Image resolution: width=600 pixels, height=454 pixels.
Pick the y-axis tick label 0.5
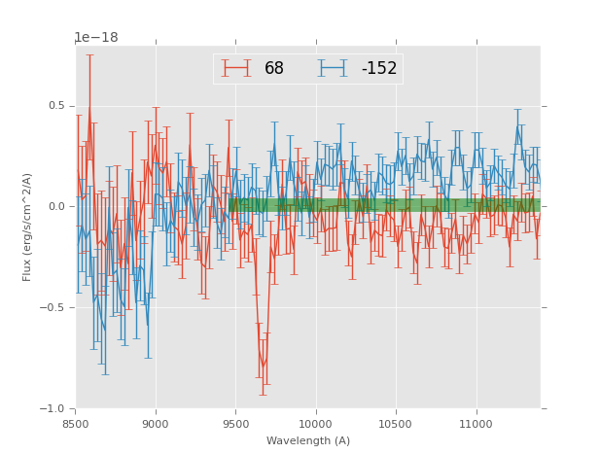pos(56,106)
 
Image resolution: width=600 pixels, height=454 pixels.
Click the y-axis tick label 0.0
pos(56,207)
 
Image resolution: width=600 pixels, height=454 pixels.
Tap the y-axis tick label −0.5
pos(53,308)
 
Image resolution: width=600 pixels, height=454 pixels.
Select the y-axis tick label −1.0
pos(53,409)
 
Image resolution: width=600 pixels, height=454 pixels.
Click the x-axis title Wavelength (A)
pos(308,440)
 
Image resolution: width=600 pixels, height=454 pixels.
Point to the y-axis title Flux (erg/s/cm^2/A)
pos(27,227)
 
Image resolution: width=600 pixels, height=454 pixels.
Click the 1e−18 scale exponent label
pos(96,38)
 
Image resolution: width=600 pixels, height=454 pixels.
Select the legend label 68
pos(274,69)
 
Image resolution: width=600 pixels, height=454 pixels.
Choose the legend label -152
pos(379,69)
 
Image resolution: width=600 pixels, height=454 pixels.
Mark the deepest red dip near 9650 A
pos(262,367)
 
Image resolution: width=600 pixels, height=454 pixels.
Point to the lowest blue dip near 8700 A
pos(104,331)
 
